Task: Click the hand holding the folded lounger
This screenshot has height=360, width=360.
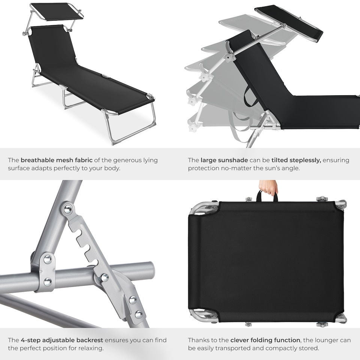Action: [268, 186]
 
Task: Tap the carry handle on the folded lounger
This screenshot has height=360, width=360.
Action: [267, 196]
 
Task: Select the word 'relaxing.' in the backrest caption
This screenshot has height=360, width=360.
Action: [93, 348]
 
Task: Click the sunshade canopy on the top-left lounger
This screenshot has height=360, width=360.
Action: [56, 11]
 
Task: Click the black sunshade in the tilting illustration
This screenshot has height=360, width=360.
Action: [289, 22]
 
